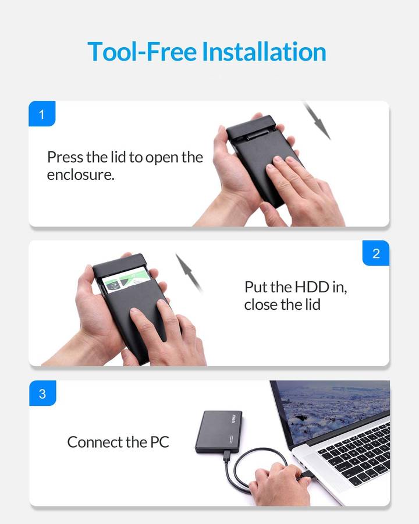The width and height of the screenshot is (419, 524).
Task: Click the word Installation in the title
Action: coord(264,52)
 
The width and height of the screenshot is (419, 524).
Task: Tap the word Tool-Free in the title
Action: coord(142,52)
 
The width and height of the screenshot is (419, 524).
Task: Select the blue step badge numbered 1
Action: coord(42,114)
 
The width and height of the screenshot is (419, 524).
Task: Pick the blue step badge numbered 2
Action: coord(376,253)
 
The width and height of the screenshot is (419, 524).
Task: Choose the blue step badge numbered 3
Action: coord(42,394)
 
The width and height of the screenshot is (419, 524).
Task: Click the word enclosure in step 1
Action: coord(80,175)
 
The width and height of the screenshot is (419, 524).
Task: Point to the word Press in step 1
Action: coord(65,157)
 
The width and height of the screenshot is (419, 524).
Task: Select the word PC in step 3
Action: coord(159,442)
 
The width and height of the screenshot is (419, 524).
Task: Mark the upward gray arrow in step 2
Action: coord(189,272)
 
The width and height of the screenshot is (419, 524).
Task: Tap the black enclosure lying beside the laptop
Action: coord(219,431)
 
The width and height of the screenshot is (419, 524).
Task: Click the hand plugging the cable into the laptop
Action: coord(279,484)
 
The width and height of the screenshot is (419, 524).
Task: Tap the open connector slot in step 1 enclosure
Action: coord(257,136)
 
